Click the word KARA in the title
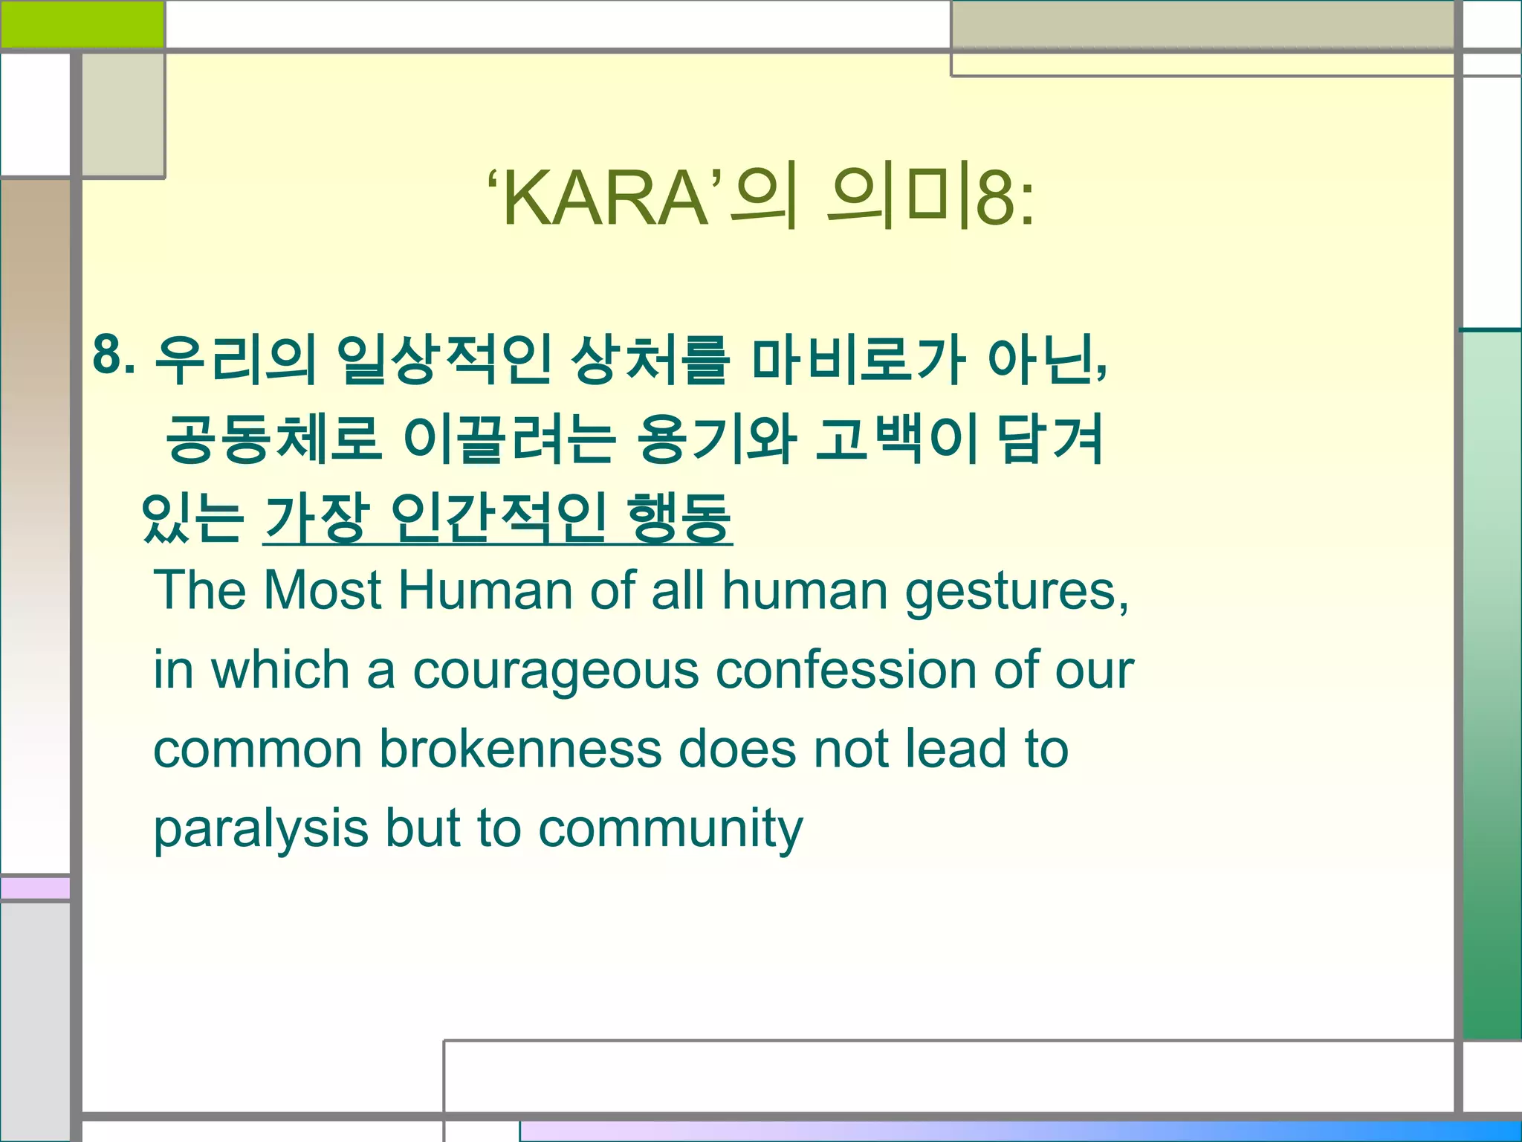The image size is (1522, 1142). pyautogui.click(x=606, y=199)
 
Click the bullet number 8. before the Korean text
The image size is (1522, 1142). pyautogui.click(x=114, y=355)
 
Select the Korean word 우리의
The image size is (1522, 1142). pyautogui.click(x=235, y=360)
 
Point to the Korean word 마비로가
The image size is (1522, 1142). pyautogui.click(x=858, y=360)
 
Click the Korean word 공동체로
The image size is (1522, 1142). pyautogui.click(x=273, y=439)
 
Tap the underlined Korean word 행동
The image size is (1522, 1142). pyautogui.click(x=679, y=517)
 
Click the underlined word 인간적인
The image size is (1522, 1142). pyautogui.click(x=499, y=517)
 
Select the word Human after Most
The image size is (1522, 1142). pyautogui.click(x=485, y=590)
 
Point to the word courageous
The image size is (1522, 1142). pyautogui.click(x=555, y=671)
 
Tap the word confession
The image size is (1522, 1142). pyautogui.click(x=846, y=670)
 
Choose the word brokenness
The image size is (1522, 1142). pyautogui.click(x=520, y=749)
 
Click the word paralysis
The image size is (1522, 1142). pyautogui.click(x=260, y=830)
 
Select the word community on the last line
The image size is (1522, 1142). pyautogui.click(x=670, y=830)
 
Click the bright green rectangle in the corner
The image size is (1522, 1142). pyautogui.click(x=82, y=24)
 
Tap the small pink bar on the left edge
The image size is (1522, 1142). pyautogui.click(x=35, y=888)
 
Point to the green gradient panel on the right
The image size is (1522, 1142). pyautogui.click(x=1491, y=684)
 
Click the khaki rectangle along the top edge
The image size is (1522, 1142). pyautogui.click(x=1202, y=25)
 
